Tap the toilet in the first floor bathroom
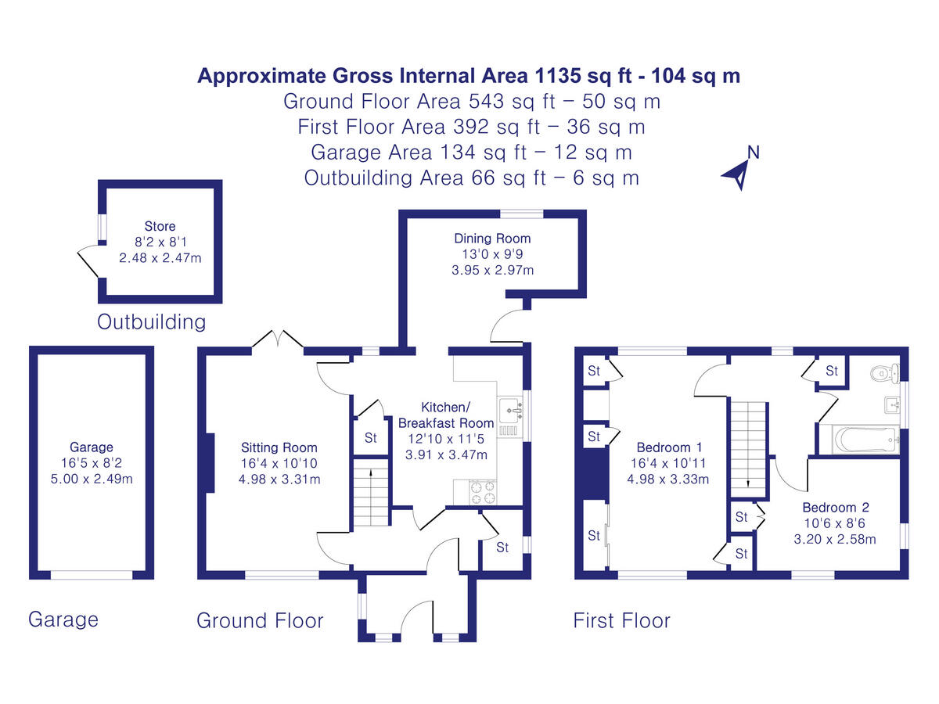click(885, 374)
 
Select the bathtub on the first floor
click(866, 439)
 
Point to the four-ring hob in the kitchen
click(484, 493)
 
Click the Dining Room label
click(492, 238)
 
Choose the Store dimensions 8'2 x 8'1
click(161, 242)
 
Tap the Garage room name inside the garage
click(92, 447)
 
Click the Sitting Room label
click(279, 447)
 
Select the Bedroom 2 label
click(836, 508)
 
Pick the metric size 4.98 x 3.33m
click(667, 480)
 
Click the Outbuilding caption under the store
click(152, 321)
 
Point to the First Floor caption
click(621, 620)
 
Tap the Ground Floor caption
click(260, 620)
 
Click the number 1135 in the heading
click(558, 76)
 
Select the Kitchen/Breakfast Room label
click(446, 415)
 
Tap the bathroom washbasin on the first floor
click(892, 404)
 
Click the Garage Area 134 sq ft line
click(471, 153)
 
